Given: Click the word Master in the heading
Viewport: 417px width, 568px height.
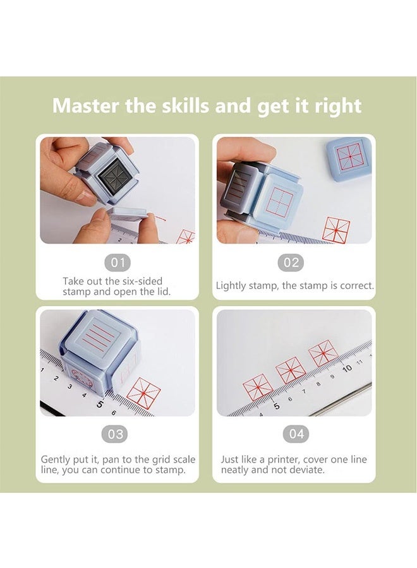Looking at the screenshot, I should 85,105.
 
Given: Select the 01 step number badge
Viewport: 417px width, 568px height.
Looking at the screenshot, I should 117,263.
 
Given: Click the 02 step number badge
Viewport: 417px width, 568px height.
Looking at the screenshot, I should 292,263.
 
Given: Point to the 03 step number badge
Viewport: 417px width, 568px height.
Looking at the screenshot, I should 117,434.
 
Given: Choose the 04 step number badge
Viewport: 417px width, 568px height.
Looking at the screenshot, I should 296,434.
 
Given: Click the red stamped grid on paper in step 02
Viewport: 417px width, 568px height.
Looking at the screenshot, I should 335,230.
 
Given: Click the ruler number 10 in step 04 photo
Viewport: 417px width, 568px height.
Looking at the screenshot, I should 346,368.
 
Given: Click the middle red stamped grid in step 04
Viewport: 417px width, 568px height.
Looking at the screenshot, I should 291,370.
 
